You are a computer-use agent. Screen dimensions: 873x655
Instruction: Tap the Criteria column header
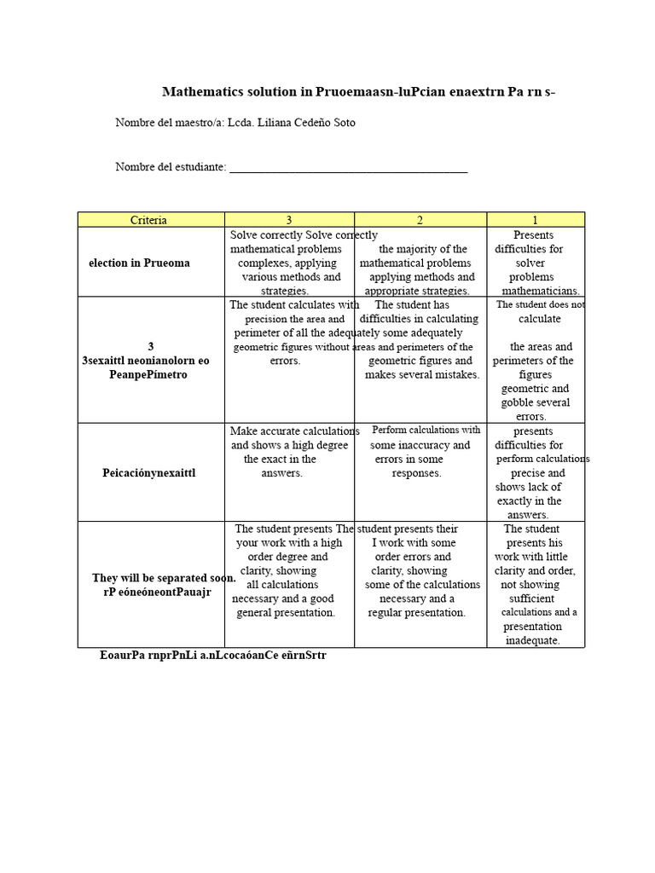click(148, 220)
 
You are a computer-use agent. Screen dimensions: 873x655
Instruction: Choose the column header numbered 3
click(289, 220)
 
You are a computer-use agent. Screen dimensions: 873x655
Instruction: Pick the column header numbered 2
click(420, 220)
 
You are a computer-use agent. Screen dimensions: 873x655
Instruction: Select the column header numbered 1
click(535, 220)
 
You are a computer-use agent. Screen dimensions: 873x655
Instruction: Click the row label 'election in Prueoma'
click(139, 263)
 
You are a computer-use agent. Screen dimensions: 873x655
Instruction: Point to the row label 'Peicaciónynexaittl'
click(149, 472)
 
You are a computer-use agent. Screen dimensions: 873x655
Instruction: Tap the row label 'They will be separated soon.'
click(164, 578)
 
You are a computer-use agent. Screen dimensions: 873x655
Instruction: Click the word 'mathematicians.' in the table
click(541, 291)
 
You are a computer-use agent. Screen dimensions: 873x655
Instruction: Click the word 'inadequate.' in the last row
click(532, 640)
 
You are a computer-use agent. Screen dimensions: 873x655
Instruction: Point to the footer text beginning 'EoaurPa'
click(212, 656)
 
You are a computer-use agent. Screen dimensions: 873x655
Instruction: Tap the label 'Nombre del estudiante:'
click(171, 167)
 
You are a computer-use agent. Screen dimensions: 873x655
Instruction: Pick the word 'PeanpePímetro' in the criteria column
click(148, 374)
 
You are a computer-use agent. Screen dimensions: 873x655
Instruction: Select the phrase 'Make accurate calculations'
click(294, 431)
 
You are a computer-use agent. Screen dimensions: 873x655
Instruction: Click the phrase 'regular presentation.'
click(417, 612)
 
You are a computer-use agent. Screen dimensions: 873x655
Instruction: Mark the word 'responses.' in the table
click(416, 473)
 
